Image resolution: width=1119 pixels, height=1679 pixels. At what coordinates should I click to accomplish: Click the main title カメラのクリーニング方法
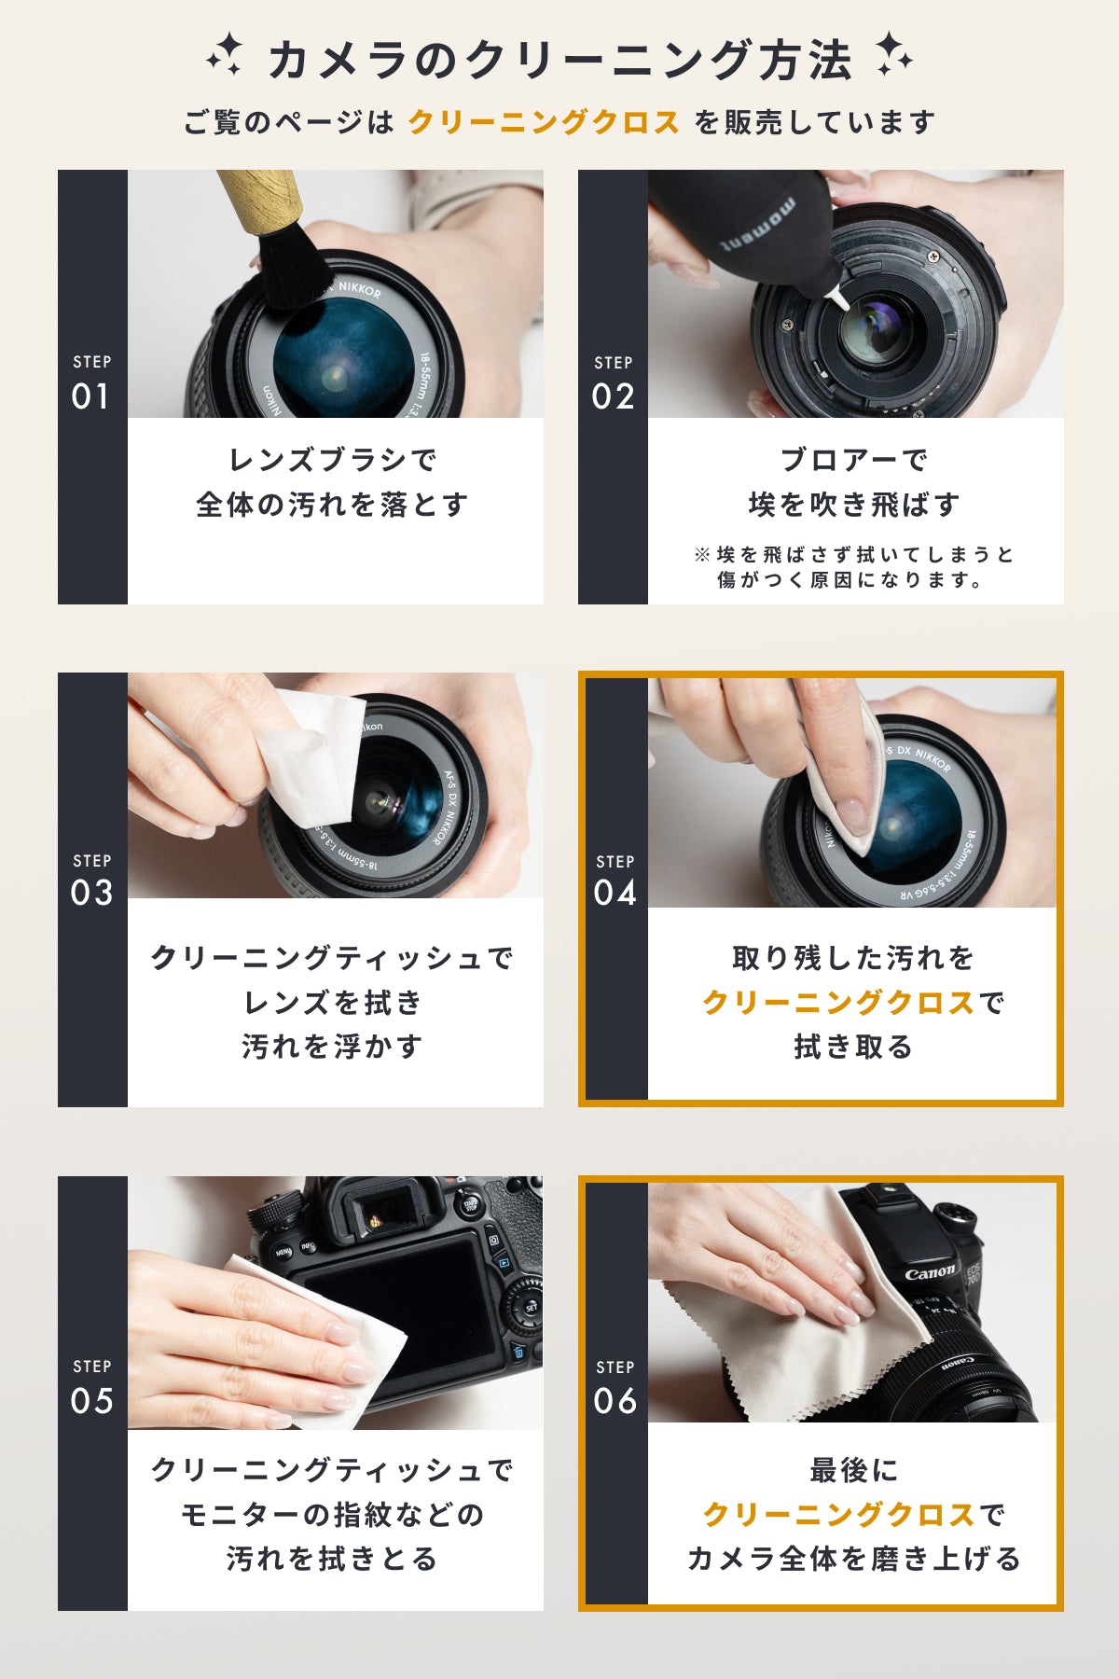[559, 60]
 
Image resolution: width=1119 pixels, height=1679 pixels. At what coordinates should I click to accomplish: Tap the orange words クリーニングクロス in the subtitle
[544, 122]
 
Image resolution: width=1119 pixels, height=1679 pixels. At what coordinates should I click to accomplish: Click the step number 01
[90, 396]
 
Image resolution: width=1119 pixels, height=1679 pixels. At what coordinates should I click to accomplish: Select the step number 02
[613, 396]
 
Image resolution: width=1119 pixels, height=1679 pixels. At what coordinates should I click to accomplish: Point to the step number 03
[91, 893]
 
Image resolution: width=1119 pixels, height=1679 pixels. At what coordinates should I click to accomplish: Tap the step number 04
[615, 893]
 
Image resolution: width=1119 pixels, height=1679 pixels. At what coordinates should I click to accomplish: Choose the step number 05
[91, 1400]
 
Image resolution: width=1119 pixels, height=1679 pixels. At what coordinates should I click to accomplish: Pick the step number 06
[615, 1400]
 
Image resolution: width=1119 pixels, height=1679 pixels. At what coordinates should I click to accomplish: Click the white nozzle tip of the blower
[839, 298]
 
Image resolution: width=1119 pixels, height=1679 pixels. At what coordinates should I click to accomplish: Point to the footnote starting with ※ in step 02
[853, 567]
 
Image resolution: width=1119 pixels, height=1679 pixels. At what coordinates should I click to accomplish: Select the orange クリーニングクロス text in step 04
[838, 1003]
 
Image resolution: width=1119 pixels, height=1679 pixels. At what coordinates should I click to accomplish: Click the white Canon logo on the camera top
[930, 1271]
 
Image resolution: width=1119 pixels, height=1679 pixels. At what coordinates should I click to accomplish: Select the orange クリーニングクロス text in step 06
[838, 1514]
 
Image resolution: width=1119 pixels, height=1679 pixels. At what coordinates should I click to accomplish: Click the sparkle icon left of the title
[225, 55]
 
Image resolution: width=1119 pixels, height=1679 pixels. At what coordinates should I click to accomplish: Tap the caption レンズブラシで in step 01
[333, 460]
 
